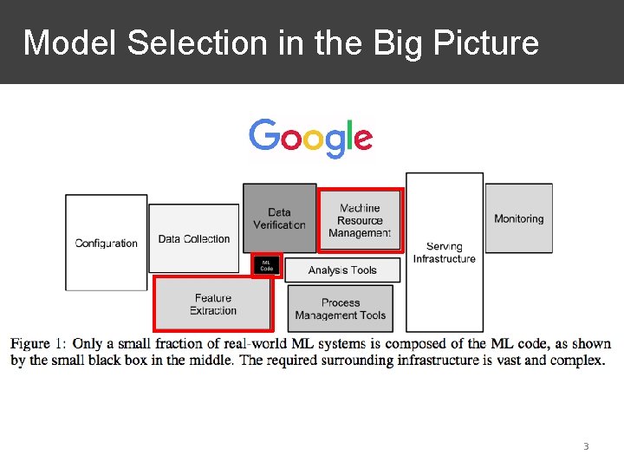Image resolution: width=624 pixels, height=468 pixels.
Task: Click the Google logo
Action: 311,138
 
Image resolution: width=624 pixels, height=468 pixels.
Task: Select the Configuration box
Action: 106,242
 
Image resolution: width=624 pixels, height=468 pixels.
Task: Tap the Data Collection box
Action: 193,238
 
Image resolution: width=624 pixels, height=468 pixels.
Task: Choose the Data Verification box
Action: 279,218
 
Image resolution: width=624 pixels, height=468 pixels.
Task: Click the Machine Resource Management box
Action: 360,220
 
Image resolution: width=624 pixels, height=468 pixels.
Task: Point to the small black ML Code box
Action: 267,265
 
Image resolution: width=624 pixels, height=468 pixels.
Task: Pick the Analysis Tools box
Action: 342,270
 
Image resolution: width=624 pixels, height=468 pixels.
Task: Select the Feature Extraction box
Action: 213,304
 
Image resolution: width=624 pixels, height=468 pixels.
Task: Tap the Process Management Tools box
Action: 341,309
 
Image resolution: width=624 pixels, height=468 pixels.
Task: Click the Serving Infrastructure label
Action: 444,252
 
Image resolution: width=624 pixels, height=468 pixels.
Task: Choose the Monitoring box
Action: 518,218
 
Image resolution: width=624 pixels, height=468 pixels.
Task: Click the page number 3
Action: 586,446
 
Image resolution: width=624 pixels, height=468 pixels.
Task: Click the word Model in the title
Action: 70,42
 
